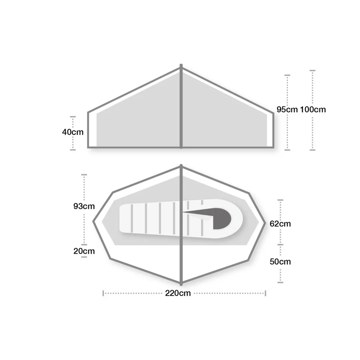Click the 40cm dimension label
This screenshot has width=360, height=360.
[73, 132]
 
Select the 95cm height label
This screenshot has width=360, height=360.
[287, 109]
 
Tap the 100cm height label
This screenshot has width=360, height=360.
[312, 109]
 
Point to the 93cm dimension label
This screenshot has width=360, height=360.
[84, 207]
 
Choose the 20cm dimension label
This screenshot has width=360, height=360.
[84, 251]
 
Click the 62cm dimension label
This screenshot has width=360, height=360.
[280, 224]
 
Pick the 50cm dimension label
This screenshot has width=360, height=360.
[280, 262]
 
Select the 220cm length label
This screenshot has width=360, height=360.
[178, 293]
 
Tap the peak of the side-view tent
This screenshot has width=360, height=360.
[181, 66]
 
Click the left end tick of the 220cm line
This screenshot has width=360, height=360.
[103, 293]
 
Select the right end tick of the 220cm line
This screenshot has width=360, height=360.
[265, 293]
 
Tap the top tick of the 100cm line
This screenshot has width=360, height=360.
[312, 71]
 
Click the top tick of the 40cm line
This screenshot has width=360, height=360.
[73, 117]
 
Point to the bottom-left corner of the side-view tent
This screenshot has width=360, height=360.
[89, 147]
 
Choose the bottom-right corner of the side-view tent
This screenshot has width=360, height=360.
[273, 147]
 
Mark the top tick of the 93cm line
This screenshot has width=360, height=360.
[84, 175]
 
